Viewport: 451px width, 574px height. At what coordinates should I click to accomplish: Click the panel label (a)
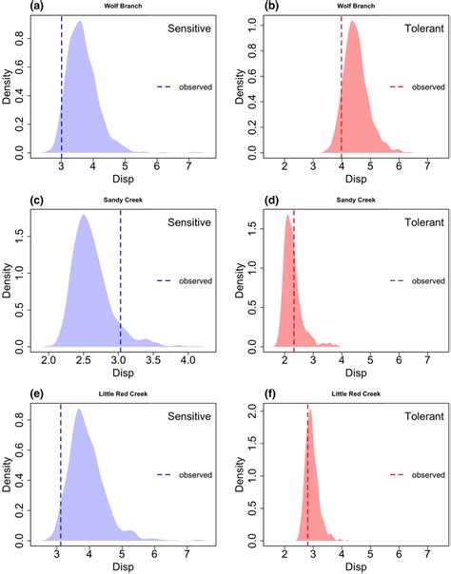tap(12, 7)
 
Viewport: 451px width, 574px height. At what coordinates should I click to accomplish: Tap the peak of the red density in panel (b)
tap(353, 22)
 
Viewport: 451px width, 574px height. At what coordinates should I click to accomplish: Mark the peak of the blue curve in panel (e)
tap(78, 410)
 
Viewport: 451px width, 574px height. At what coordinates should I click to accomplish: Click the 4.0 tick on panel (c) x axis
tap(187, 361)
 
